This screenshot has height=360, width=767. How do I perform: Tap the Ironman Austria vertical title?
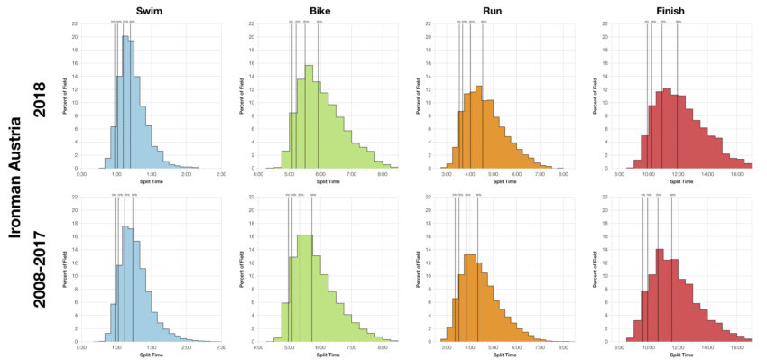click(17, 180)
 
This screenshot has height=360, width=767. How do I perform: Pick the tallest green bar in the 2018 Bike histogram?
click(309, 116)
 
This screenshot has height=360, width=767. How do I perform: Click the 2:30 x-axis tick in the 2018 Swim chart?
click(221, 174)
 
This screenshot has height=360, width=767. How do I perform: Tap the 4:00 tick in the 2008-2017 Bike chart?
click(258, 347)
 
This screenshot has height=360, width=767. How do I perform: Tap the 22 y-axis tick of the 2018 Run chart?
click(431, 23)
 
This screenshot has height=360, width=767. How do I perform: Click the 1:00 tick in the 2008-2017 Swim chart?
click(116, 347)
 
